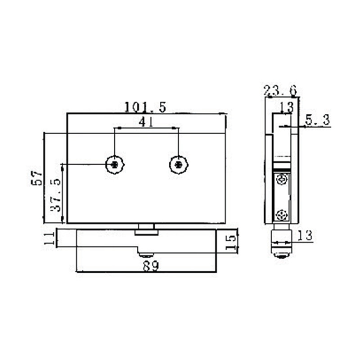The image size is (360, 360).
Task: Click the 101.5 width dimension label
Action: tap(145, 107)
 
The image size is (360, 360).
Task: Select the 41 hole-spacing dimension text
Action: tap(147, 121)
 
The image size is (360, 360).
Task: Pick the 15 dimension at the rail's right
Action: tap(230, 242)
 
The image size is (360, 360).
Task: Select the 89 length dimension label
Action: tap(150, 266)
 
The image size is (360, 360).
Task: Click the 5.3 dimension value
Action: tap(318, 120)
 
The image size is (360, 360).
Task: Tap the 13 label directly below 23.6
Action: tap(286, 107)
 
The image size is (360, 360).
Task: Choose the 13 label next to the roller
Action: tap(305, 235)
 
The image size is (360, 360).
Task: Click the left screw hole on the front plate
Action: tap(116, 165)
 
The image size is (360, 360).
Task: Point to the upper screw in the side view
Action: tap(283, 180)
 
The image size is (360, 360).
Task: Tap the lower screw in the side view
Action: tap(283, 215)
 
